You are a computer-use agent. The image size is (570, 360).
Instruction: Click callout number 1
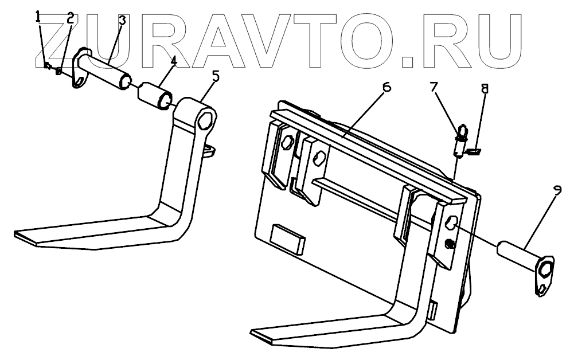[38, 17]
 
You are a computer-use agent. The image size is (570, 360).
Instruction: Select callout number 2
[70, 17]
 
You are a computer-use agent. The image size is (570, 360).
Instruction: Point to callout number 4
[173, 60]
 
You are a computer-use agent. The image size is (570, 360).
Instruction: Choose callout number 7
[434, 87]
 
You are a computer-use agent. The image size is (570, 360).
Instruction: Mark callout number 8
[485, 89]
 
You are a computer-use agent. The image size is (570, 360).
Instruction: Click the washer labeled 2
[58, 71]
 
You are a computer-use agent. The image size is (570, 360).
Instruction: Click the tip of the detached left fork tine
[17, 234]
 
